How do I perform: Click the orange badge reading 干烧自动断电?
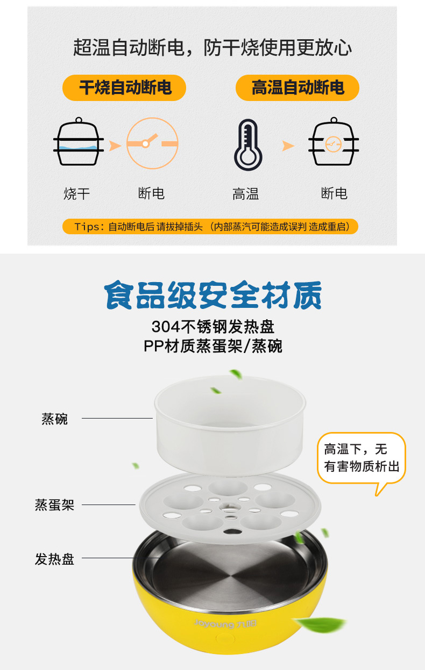point(124,88)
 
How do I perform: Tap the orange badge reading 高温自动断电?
point(297,88)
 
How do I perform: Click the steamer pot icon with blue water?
point(79,141)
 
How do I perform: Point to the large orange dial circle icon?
point(152,143)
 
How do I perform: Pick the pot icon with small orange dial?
point(334,141)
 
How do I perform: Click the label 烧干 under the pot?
point(77,194)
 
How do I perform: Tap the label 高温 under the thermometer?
point(246,194)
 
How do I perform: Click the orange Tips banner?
point(210,226)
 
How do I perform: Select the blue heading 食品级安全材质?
point(213,295)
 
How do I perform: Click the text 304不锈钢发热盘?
point(213,327)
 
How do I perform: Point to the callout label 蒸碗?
point(54,419)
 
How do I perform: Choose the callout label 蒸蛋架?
point(54,505)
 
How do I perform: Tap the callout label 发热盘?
point(54,559)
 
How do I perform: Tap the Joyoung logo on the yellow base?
point(225,624)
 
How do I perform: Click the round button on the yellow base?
point(225,638)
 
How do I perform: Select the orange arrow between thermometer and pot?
point(288,146)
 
